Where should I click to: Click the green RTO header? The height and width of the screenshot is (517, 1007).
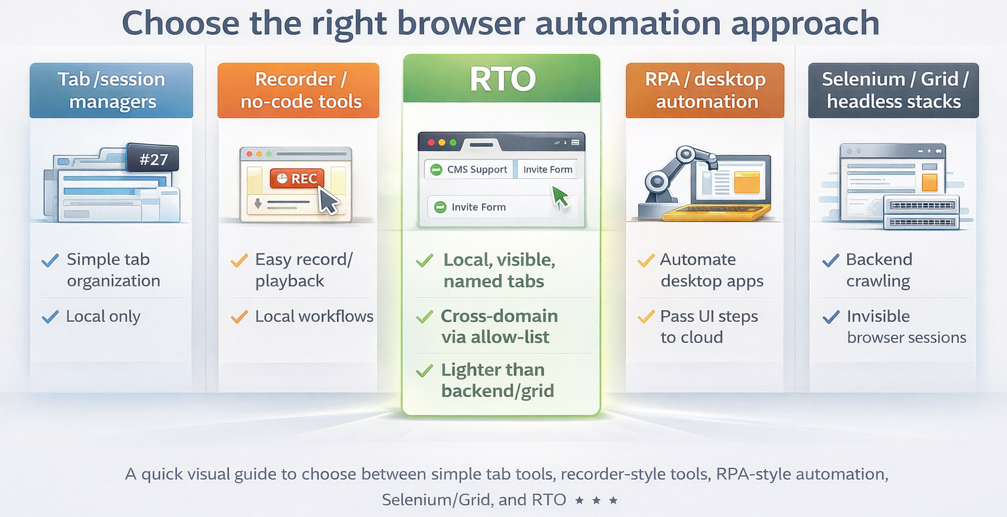click(x=502, y=79)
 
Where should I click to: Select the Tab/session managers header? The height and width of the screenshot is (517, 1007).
click(x=111, y=90)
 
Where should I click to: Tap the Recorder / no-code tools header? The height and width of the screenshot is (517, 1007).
click(x=299, y=90)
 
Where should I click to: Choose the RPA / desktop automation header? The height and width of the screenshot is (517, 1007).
click(x=705, y=90)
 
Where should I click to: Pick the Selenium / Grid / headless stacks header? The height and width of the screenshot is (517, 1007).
click(x=893, y=90)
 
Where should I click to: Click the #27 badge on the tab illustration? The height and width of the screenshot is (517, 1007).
click(x=153, y=159)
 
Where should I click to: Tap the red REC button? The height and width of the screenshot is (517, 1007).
click(x=297, y=178)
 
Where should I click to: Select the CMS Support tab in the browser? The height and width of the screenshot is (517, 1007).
click(x=470, y=170)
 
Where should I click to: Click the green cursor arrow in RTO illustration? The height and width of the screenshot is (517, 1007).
click(x=560, y=196)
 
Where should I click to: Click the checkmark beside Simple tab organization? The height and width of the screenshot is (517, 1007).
click(x=50, y=261)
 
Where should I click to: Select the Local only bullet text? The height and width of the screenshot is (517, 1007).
click(x=103, y=316)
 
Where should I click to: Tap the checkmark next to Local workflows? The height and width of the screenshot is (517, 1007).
click(x=239, y=317)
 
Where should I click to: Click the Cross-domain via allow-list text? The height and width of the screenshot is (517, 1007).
click(x=499, y=326)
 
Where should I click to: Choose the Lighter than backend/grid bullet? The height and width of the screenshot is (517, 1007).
click(x=498, y=380)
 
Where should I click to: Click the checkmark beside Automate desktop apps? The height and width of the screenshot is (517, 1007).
click(x=646, y=261)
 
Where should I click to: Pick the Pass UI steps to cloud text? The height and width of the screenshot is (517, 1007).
click(x=708, y=326)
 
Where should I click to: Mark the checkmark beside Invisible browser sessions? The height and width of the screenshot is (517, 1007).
click(x=831, y=317)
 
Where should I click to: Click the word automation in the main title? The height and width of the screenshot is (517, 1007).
click(x=629, y=23)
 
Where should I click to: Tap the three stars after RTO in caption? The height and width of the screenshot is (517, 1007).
click(x=596, y=501)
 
